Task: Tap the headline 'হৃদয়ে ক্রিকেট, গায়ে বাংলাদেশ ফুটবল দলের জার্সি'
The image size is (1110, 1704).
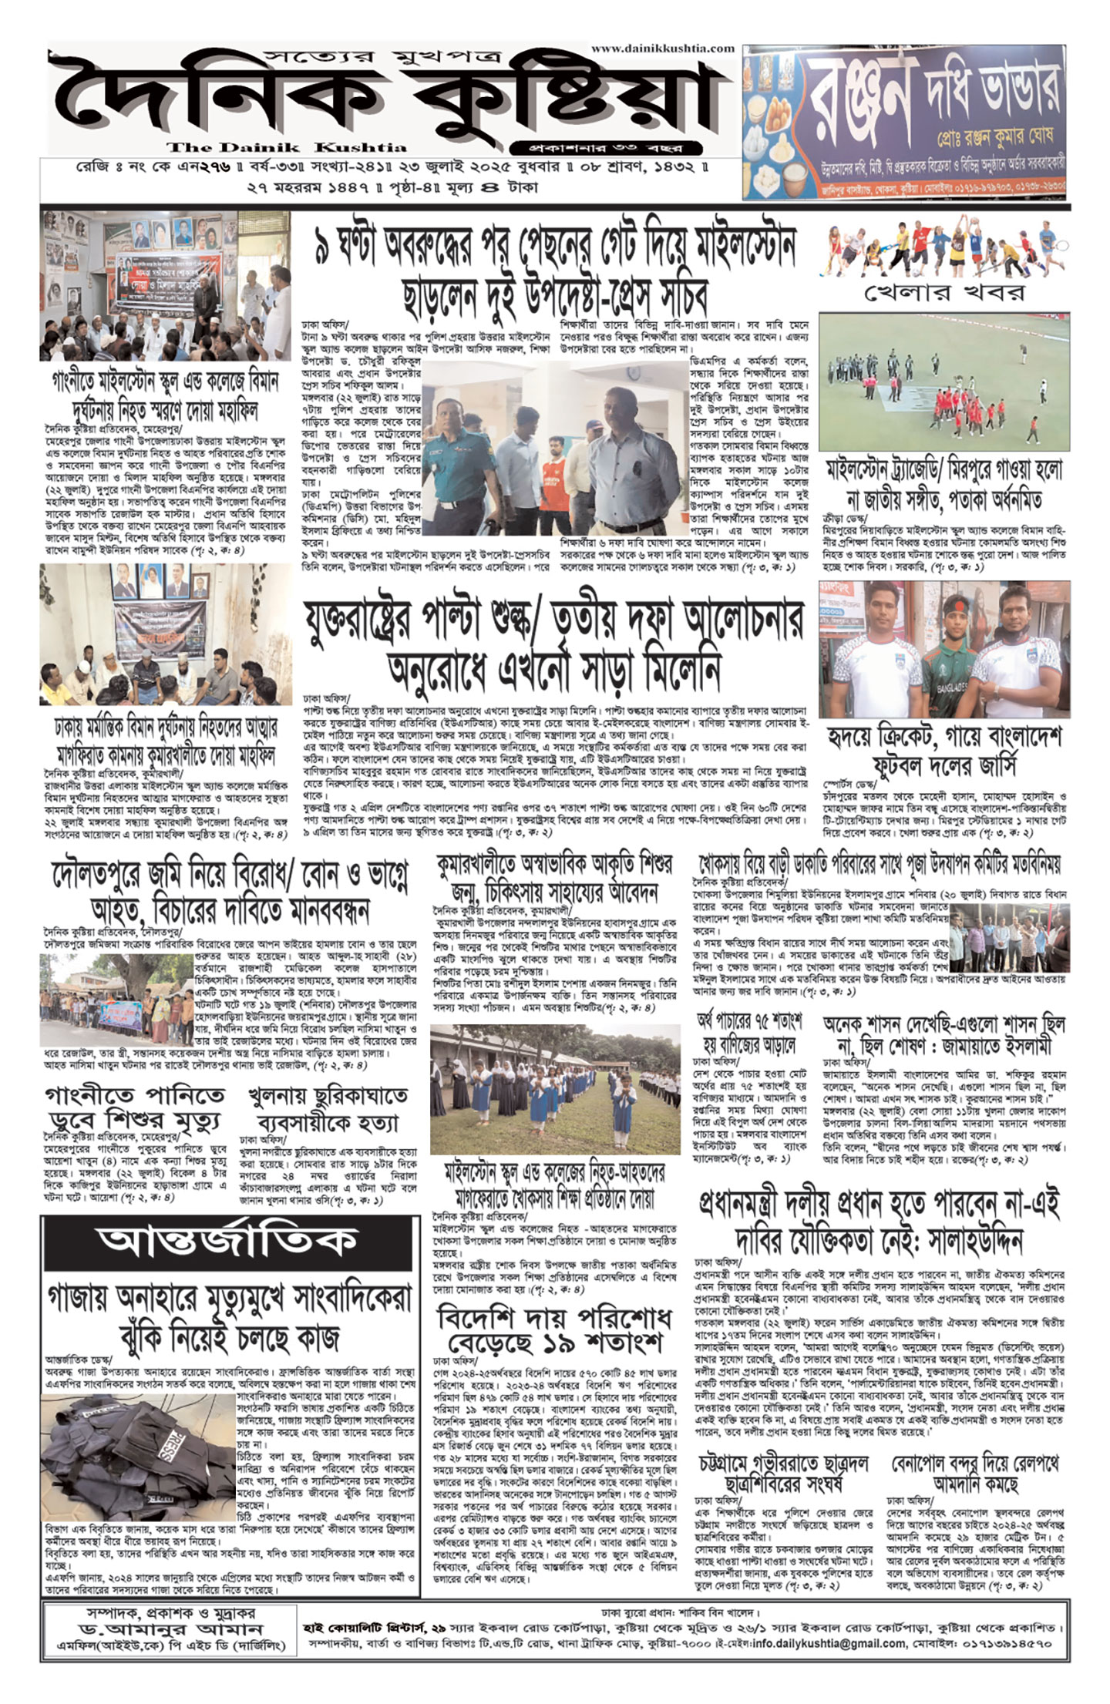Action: point(943,750)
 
